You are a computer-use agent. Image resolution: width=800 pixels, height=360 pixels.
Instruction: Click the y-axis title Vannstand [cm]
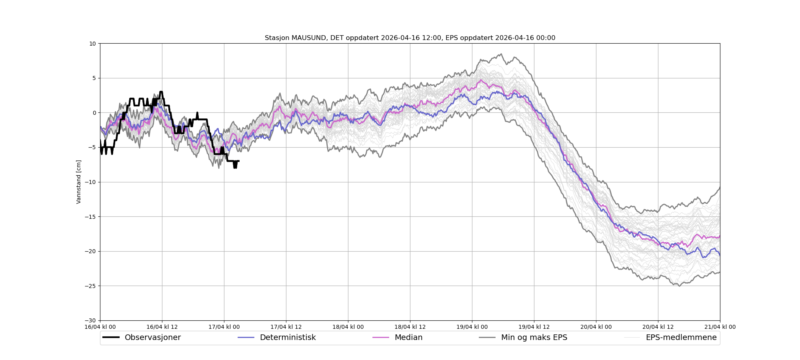pos(79,182)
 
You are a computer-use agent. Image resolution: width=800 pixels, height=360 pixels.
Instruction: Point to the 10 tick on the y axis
pos(92,44)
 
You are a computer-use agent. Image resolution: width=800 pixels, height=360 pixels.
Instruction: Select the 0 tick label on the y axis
pos(94,113)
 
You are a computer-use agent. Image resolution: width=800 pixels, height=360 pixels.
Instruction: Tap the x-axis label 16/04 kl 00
pos(100,327)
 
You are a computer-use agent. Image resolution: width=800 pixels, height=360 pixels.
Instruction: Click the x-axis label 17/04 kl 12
pos(286,327)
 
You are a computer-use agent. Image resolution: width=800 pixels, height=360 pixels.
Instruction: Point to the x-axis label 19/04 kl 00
pos(472,327)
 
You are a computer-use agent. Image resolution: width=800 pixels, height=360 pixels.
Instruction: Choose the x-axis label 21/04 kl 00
pos(720,327)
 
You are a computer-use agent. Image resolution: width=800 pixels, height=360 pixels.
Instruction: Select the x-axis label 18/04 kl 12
pos(410,327)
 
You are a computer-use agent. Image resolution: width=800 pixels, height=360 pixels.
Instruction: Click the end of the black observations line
pos(239,161)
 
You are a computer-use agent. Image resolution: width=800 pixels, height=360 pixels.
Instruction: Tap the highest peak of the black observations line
pos(161,92)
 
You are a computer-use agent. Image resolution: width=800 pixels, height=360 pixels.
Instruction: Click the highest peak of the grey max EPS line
pos(501,54)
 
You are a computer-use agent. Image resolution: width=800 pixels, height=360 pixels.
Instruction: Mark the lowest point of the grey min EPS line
pos(679,286)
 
